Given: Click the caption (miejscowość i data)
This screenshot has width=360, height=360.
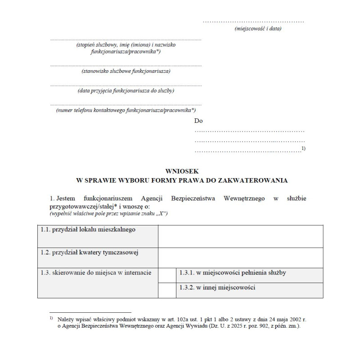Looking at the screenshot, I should click(x=258, y=28).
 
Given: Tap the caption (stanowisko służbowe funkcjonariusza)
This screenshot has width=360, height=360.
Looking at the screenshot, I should click(x=126, y=71).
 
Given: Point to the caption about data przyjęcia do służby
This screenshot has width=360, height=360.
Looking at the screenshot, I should click(x=126, y=90).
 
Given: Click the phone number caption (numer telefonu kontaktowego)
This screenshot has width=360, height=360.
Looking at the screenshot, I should click(x=126, y=110).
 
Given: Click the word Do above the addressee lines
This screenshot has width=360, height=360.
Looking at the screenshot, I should click(x=198, y=121).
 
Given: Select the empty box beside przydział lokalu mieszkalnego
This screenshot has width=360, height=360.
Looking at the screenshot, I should click(x=240, y=236).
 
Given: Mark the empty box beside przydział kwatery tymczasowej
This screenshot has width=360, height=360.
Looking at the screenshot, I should click(x=240, y=257).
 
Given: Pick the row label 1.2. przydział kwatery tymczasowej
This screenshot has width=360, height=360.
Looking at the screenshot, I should click(x=89, y=252).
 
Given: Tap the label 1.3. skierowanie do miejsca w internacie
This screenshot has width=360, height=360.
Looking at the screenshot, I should click(x=96, y=273).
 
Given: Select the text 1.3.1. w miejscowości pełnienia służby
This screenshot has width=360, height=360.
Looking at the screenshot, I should click(x=233, y=273).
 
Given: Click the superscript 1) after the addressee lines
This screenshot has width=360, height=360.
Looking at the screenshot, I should click(x=303, y=148).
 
